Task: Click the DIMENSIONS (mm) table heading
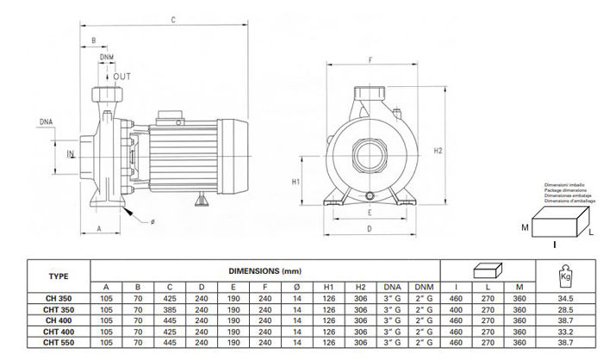pyautogui.click(x=265, y=269)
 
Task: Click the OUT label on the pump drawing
pyautogui.click(x=122, y=76)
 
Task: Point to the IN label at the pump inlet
pyautogui.click(x=71, y=154)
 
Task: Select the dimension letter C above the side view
pyautogui.click(x=174, y=18)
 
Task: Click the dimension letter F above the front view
pyautogui.click(x=370, y=59)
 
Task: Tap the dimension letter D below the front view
pyautogui.click(x=369, y=229)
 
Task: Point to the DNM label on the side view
pyautogui.click(x=106, y=57)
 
